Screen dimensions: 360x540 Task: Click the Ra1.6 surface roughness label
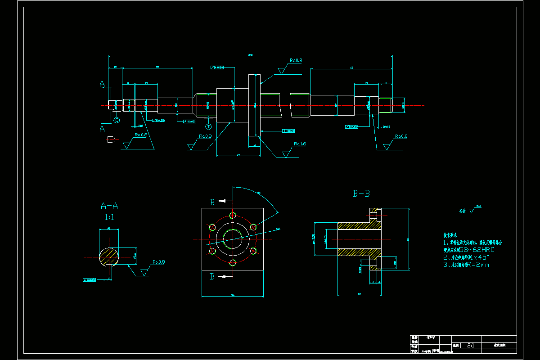[x=300, y=144]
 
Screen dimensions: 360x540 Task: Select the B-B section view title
[x=361, y=194]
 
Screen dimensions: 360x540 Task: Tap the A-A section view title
[x=109, y=206]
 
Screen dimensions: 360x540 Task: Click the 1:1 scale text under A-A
[x=109, y=217]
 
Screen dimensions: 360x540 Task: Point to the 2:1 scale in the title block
[x=470, y=346]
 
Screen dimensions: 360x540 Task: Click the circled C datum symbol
[x=117, y=120]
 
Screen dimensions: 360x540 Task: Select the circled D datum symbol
[x=208, y=120]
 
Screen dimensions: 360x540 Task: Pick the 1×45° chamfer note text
[x=477, y=257]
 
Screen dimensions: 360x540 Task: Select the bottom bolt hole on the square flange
[x=233, y=263]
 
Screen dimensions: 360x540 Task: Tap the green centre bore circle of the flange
[x=233, y=239]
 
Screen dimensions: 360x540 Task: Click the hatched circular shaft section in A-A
[x=109, y=256]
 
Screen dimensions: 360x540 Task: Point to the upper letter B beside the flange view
[x=212, y=202]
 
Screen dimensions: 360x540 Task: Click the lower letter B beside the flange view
[x=212, y=277]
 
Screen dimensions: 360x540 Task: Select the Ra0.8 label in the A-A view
[x=158, y=261]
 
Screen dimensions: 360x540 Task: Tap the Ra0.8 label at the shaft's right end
[x=401, y=136]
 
